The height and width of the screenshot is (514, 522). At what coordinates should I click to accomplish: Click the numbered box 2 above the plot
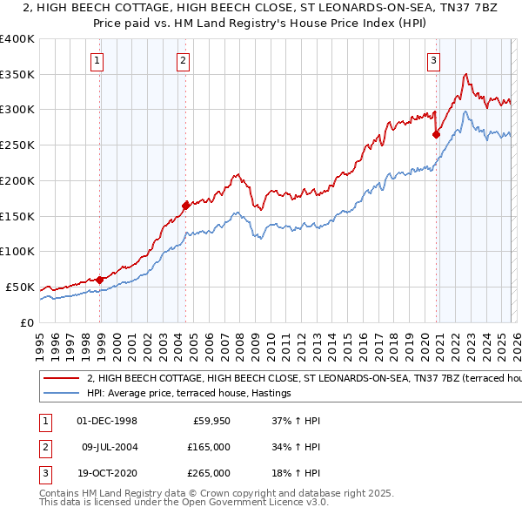(183, 60)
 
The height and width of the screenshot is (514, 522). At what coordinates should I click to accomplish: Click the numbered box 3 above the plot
(433, 60)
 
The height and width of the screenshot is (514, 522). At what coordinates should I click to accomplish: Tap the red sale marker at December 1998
(100, 280)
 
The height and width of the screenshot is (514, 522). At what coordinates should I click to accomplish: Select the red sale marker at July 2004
(185, 206)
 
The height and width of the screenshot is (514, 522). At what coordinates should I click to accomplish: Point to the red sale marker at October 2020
(435, 134)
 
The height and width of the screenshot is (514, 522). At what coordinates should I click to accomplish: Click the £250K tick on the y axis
(17, 145)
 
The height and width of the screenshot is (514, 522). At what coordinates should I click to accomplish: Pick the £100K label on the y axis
(17, 252)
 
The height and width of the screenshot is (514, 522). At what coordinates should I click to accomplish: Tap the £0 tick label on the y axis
(26, 322)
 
